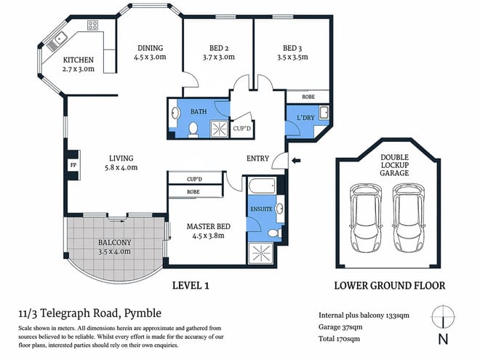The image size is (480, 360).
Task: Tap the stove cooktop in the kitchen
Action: [x=93, y=25]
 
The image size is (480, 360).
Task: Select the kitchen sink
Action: [x=56, y=41]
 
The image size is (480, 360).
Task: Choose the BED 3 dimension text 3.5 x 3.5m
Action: [x=289, y=60]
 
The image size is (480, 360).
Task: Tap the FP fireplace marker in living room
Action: [x=73, y=164]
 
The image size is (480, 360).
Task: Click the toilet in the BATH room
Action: [x=193, y=129]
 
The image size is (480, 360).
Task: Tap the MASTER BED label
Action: [x=208, y=227]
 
